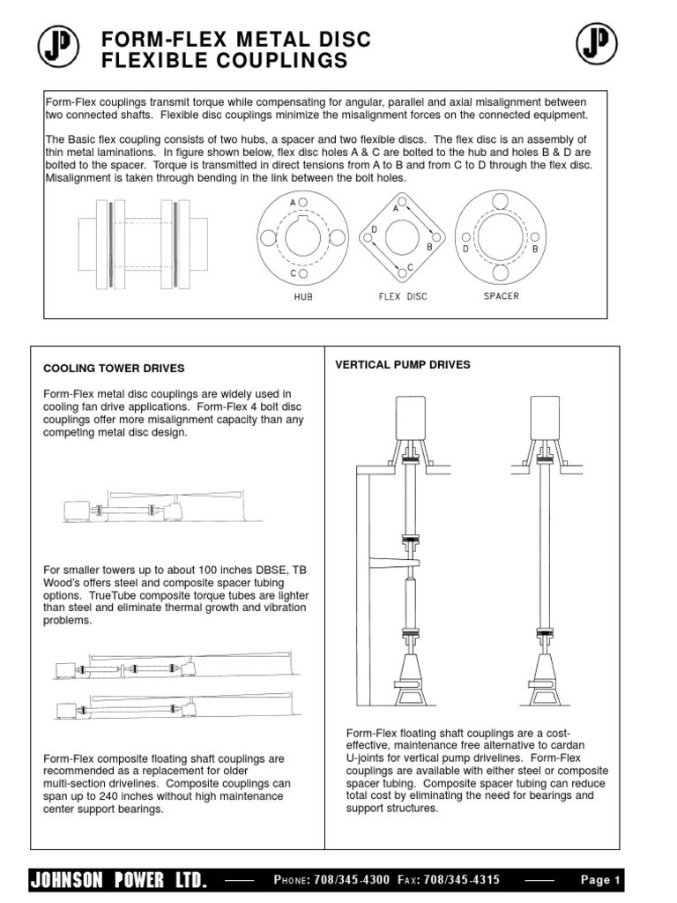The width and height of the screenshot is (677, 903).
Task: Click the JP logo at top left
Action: point(59,46)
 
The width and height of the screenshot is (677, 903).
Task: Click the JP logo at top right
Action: point(599,44)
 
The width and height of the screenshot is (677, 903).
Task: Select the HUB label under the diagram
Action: point(303,297)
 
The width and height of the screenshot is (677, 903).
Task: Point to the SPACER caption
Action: point(501,296)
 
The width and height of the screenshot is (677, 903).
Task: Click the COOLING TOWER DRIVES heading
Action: point(114,369)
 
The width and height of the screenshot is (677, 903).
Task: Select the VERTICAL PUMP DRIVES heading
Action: point(403,364)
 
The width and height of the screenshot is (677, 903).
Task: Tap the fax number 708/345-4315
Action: point(462,880)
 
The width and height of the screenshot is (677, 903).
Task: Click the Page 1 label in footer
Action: point(601,880)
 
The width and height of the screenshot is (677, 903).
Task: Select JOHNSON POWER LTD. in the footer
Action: point(120,880)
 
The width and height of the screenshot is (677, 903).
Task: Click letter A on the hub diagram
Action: point(293,202)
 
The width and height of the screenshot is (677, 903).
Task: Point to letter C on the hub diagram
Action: point(293,274)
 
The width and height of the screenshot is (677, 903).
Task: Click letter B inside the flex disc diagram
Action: point(429,248)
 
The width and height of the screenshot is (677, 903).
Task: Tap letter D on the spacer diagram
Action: point(465,249)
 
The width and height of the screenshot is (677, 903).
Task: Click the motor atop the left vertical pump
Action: point(411,414)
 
